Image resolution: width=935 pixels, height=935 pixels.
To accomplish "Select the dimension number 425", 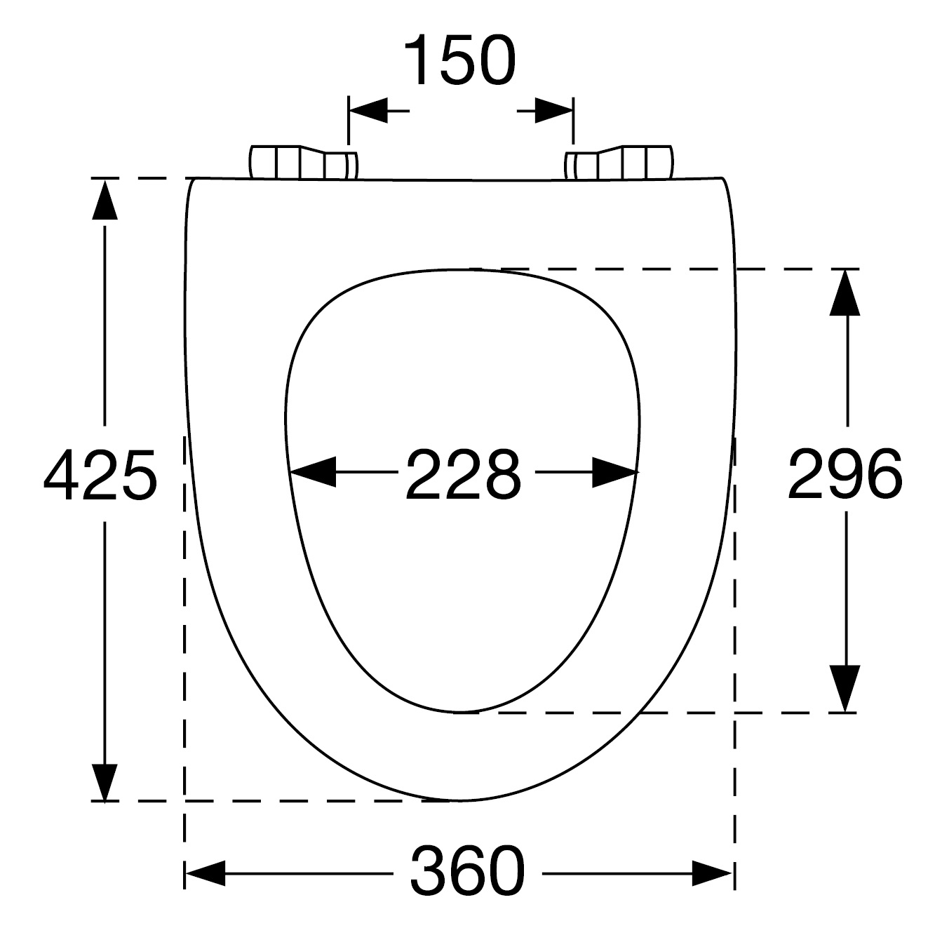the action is coord(100,475).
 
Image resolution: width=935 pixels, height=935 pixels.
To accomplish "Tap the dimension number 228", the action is coord(464,474).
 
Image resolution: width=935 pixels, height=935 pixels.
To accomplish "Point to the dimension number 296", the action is coord(845,474).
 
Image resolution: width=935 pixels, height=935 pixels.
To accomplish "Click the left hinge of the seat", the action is coord(304,163).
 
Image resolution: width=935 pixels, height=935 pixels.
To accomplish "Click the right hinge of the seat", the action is coord(619,163).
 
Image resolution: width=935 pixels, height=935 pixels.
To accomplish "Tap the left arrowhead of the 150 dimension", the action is coord(369,111).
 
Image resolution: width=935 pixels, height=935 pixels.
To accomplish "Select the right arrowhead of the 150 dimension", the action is coord(554,111).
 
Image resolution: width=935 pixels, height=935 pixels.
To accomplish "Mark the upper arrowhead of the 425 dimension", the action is coord(105,199).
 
